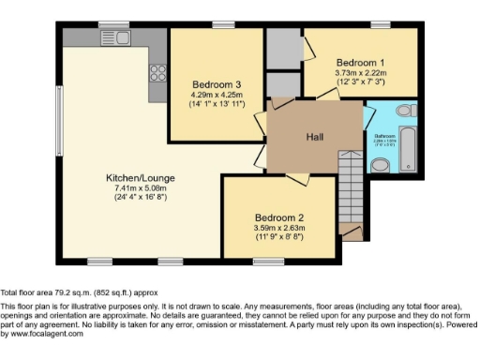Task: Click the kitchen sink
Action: click(x=110, y=38)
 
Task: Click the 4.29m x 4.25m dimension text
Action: click(x=217, y=94)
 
